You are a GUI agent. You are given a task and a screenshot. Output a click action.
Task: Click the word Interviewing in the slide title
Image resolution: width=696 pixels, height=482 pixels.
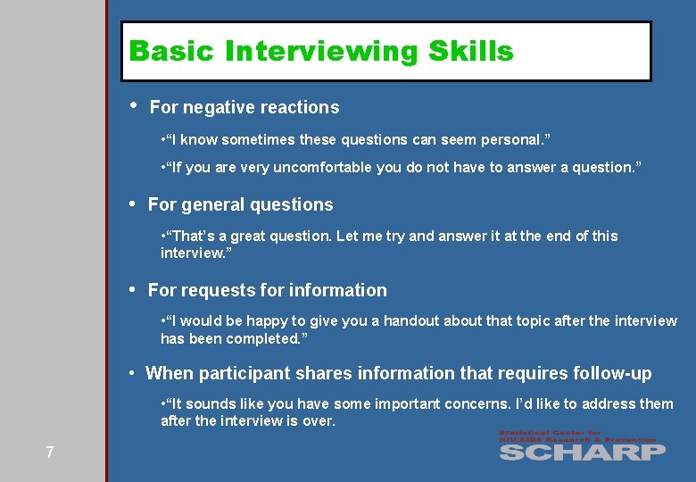coord(322,52)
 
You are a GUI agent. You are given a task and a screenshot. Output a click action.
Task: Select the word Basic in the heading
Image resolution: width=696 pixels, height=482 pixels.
coord(172,52)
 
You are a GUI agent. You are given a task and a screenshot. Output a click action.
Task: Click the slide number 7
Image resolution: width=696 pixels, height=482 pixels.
coord(50,453)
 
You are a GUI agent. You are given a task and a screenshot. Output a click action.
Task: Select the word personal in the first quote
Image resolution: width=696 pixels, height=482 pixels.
coord(511,140)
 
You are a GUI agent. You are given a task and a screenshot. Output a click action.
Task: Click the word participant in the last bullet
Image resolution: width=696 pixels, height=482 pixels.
coord(241,374)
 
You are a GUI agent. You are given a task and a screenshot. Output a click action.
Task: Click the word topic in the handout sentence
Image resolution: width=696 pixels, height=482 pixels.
coord(520,321)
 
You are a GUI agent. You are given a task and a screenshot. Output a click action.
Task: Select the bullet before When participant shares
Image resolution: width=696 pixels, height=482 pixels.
coord(131,372)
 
